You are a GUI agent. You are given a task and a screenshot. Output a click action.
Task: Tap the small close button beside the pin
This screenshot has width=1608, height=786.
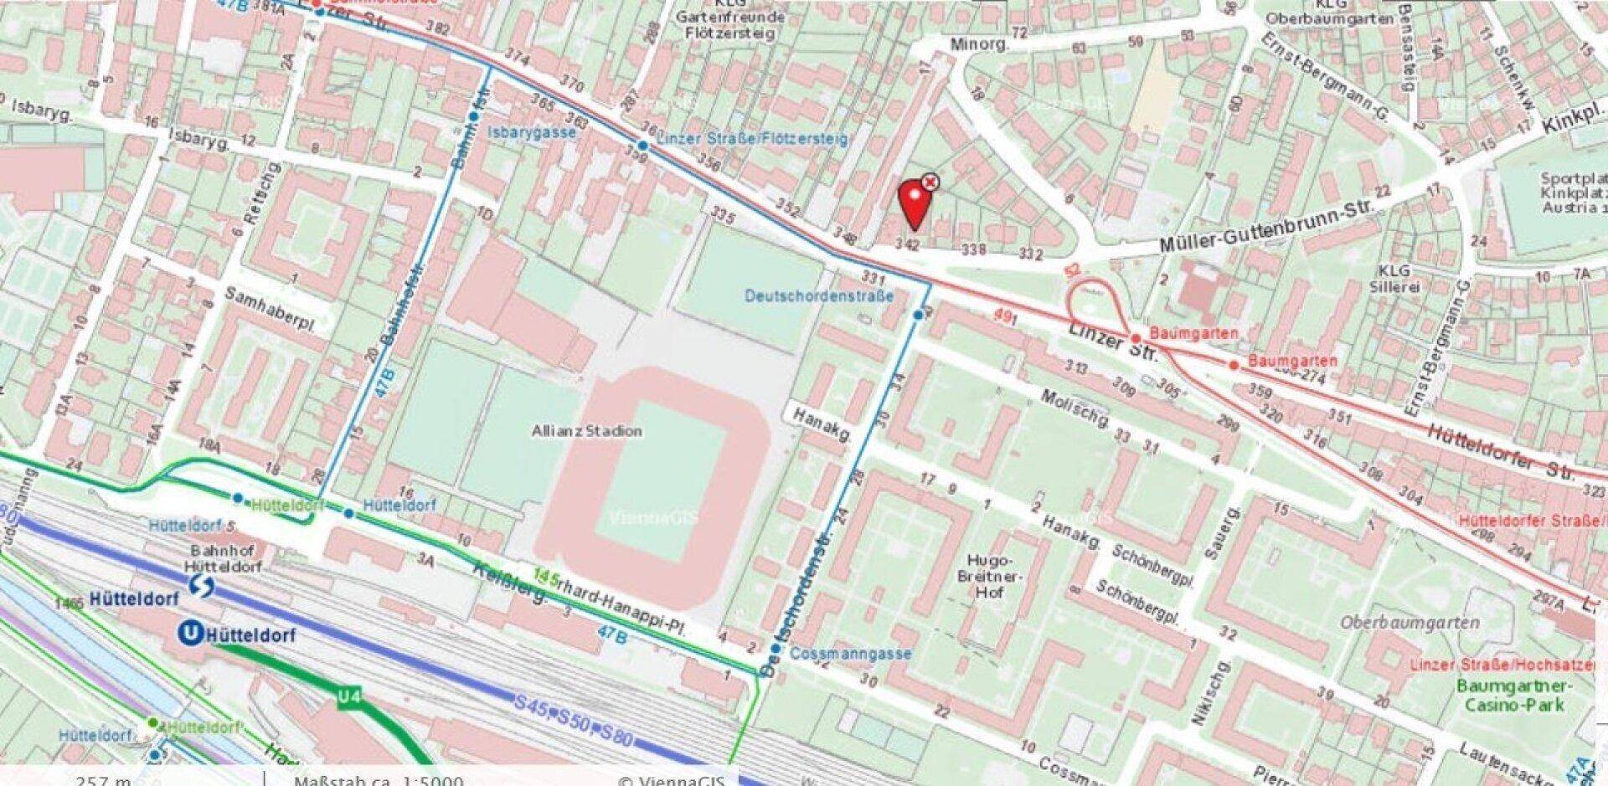[930, 182]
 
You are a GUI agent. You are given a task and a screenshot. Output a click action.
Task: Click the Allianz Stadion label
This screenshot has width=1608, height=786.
[587, 431]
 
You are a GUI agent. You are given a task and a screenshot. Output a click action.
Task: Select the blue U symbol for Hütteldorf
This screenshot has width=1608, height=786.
[192, 634]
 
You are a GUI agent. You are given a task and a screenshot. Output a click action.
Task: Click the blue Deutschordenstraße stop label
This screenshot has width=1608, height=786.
[818, 296]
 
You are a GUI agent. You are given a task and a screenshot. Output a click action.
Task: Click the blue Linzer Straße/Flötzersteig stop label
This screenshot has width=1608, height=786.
[751, 139]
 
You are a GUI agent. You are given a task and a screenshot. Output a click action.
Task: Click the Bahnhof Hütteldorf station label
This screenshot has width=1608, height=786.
[227, 558]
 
